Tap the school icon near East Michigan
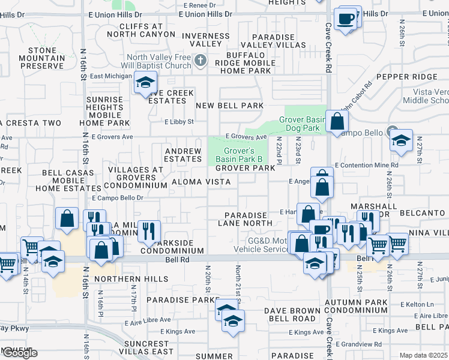145,83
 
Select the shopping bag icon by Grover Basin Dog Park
337,120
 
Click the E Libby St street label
180,122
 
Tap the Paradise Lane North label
245,219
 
